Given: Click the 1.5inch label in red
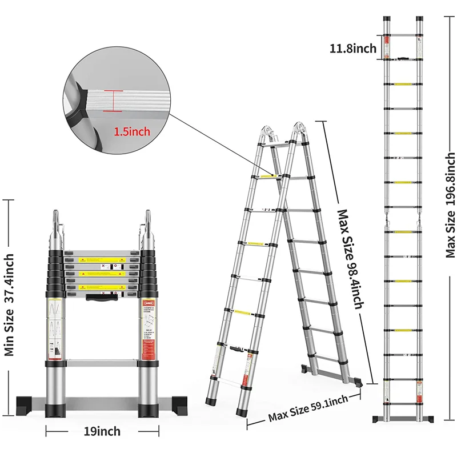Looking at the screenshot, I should coord(132,131).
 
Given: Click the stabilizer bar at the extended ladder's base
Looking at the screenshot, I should coord(402,419).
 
